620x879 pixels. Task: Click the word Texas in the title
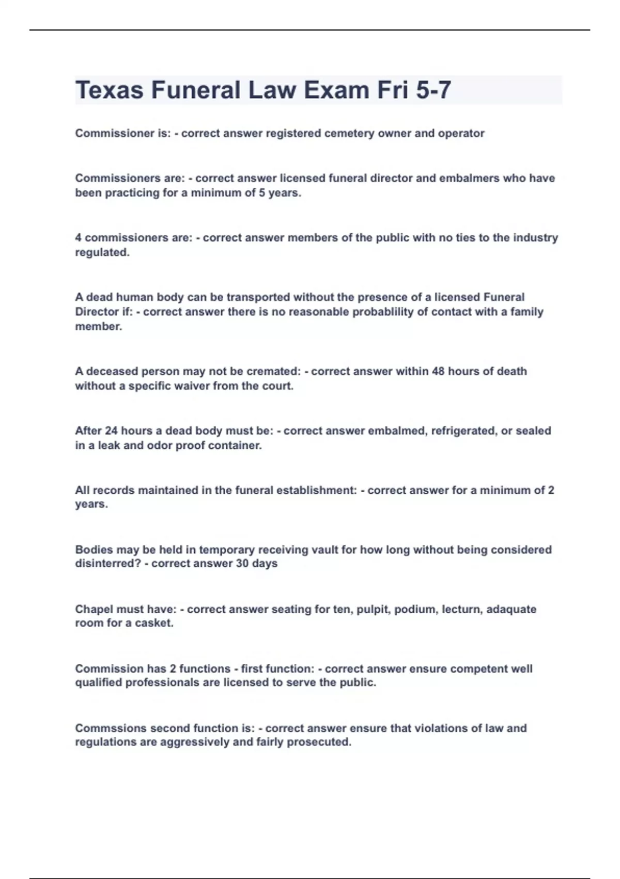point(109,90)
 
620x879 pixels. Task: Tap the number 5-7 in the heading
point(433,90)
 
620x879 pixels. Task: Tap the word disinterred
point(108,564)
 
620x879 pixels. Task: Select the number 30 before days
point(242,564)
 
